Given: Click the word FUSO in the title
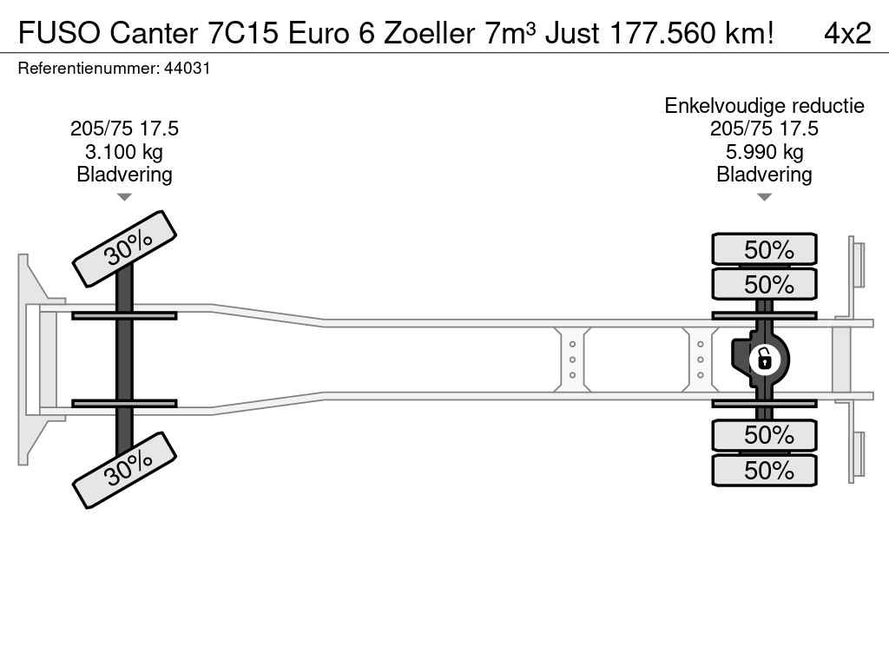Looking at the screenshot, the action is pos(60,33).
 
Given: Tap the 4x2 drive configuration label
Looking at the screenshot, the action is pos(847,33).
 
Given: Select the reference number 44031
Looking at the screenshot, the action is pos(188,68).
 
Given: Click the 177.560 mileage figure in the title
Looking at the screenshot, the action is pos(662,33).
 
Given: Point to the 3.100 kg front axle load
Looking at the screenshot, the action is pos(124,152).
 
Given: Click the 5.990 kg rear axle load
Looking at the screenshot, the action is pos(764,152).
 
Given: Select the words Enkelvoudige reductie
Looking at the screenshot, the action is pos(764,105).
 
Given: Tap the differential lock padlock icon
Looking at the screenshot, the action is pos(764,360).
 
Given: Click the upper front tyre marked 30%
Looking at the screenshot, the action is pos(125,248).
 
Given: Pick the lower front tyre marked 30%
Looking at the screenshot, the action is pos(125,470).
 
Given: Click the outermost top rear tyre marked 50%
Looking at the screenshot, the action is pos(764,249).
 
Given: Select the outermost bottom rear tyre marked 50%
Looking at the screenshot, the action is pos(764,470).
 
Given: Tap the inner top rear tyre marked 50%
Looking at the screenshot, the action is pos(764,284).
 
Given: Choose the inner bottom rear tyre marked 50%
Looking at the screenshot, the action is pos(764,435).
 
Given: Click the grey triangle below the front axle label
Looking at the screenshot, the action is pos(124,197).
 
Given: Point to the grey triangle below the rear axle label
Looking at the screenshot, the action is pos(764,197).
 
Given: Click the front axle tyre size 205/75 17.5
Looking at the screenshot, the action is pos(124,129).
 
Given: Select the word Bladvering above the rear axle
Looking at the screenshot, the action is pos(764,175).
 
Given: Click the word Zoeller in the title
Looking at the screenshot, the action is pos(429,33).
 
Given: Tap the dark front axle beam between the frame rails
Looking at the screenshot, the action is pos(124,360).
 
